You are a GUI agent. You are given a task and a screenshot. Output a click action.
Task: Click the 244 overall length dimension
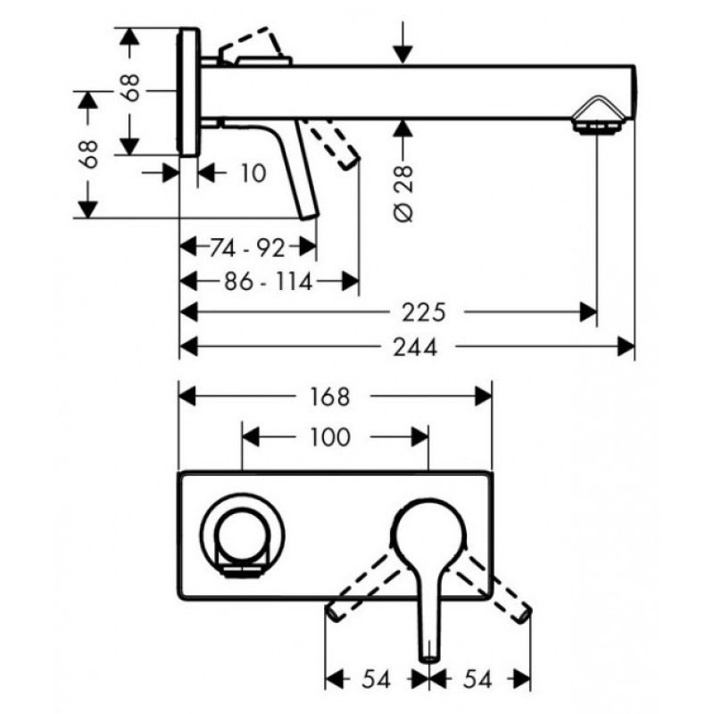pyautogui.click(x=415, y=347)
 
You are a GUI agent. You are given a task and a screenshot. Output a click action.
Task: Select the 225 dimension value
pyautogui.click(x=423, y=312)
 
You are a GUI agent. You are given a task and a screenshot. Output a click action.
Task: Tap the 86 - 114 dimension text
pyautogui.click(x=269, y=281)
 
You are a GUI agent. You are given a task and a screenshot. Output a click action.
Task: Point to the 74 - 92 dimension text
pyautogui.click(x=247, y=247)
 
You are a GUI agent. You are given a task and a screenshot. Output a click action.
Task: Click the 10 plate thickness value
pyautogui.click(x=253, y=173)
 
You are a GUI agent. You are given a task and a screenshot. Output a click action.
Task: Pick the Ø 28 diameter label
pyautogui.click(x=403, y=194)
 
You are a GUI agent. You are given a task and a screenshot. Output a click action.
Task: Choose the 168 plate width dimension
pyautogui.click(x=330, y=396)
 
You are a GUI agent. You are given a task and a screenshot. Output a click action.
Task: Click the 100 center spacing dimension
pyautogui.click(x=330, y=437)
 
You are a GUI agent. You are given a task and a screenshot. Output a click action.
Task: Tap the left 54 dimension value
pyautogui.click(x=376, y=680)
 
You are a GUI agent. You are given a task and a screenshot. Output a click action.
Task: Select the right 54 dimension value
pyautogui.click(x=477, y=680)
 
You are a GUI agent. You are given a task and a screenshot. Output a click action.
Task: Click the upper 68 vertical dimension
pyautogui.click(x=130, y=87)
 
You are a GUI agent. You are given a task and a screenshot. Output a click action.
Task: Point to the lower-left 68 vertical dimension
pyautogui.click(x=88, y=154)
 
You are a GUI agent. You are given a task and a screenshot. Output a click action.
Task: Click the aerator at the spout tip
pyautogui.click(x=597, y=116)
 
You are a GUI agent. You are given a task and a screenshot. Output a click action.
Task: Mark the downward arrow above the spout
pyautogui.click(x=403, y=42)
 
